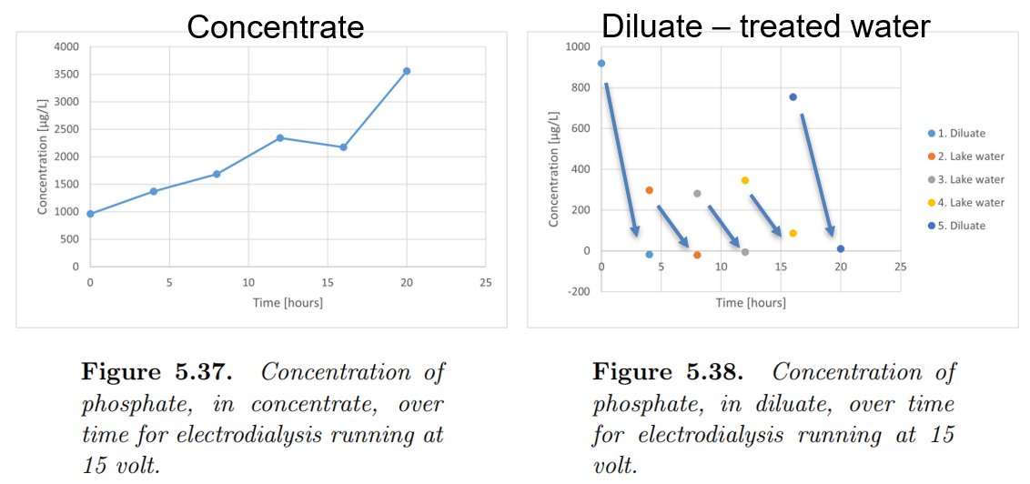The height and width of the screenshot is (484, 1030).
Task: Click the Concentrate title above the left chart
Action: [275, 26]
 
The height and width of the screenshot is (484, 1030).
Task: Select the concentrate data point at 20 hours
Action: [407, 70]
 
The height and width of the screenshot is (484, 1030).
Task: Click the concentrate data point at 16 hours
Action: [343, 147]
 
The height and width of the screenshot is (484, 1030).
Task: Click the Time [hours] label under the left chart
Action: [288, 302]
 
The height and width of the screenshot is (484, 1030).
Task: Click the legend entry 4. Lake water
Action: [968, 203]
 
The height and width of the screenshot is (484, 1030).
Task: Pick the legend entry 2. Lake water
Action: [968, 156]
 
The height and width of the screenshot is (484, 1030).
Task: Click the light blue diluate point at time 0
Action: [601, 64]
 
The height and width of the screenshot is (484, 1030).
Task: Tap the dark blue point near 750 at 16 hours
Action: [793, 97]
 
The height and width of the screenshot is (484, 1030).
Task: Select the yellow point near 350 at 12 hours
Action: [744, 180]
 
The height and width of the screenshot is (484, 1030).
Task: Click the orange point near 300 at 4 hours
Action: [649, 190]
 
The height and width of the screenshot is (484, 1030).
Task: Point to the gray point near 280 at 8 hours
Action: [697, 194]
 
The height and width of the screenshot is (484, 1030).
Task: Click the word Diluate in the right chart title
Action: [651, 26]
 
